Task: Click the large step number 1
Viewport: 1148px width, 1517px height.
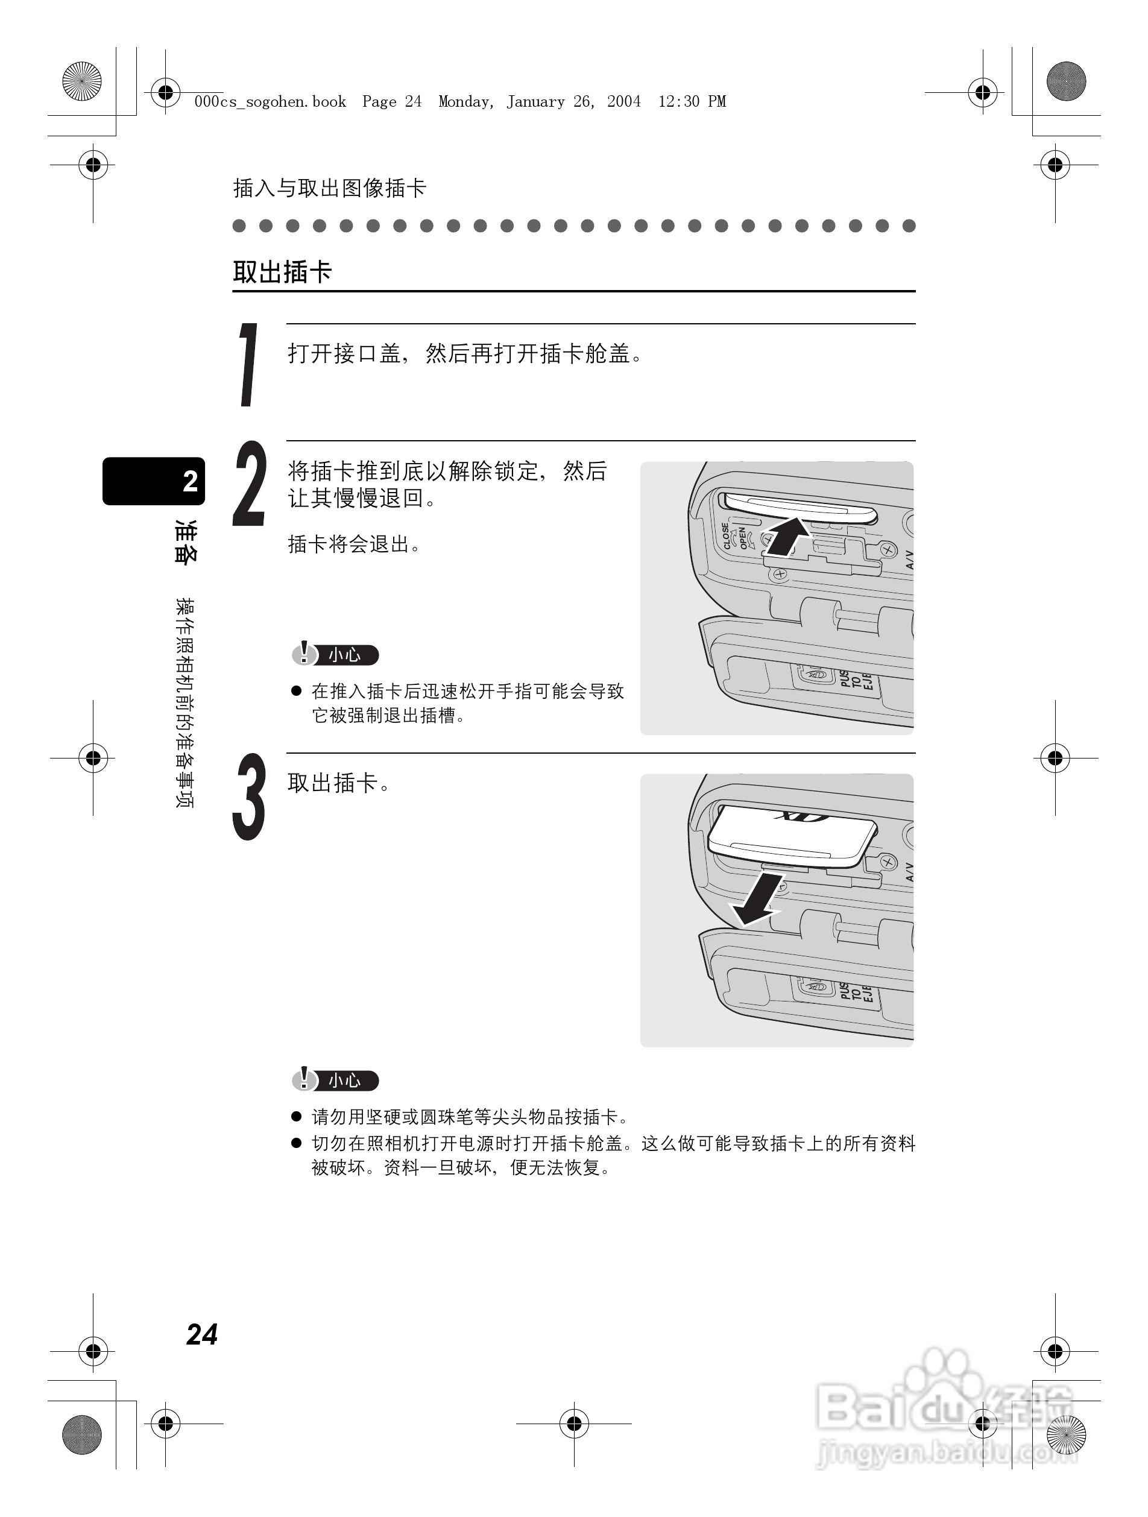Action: [x=248, y=365]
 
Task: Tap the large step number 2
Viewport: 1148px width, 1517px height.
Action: [x=249, y=484]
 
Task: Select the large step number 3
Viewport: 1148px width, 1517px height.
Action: [x=249, y=797]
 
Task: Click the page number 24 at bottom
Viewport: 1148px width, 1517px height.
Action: [x=201, y=1334]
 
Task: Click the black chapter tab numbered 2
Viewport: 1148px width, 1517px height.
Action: [x=154, y=481]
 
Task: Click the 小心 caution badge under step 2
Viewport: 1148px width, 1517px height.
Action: [x=335, y=655]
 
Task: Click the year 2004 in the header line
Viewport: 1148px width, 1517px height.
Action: [x=623, y=102]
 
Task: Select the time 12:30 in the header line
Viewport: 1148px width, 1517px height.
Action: [x=679, y=102]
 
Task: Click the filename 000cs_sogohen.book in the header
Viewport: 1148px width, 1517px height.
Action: [x=270, y=102]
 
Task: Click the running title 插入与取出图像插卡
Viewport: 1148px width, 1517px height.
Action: [x=330, y=188]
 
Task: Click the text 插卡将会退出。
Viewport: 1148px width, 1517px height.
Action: [x=355, y=544]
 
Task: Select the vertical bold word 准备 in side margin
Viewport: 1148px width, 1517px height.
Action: [x=185, y=542]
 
